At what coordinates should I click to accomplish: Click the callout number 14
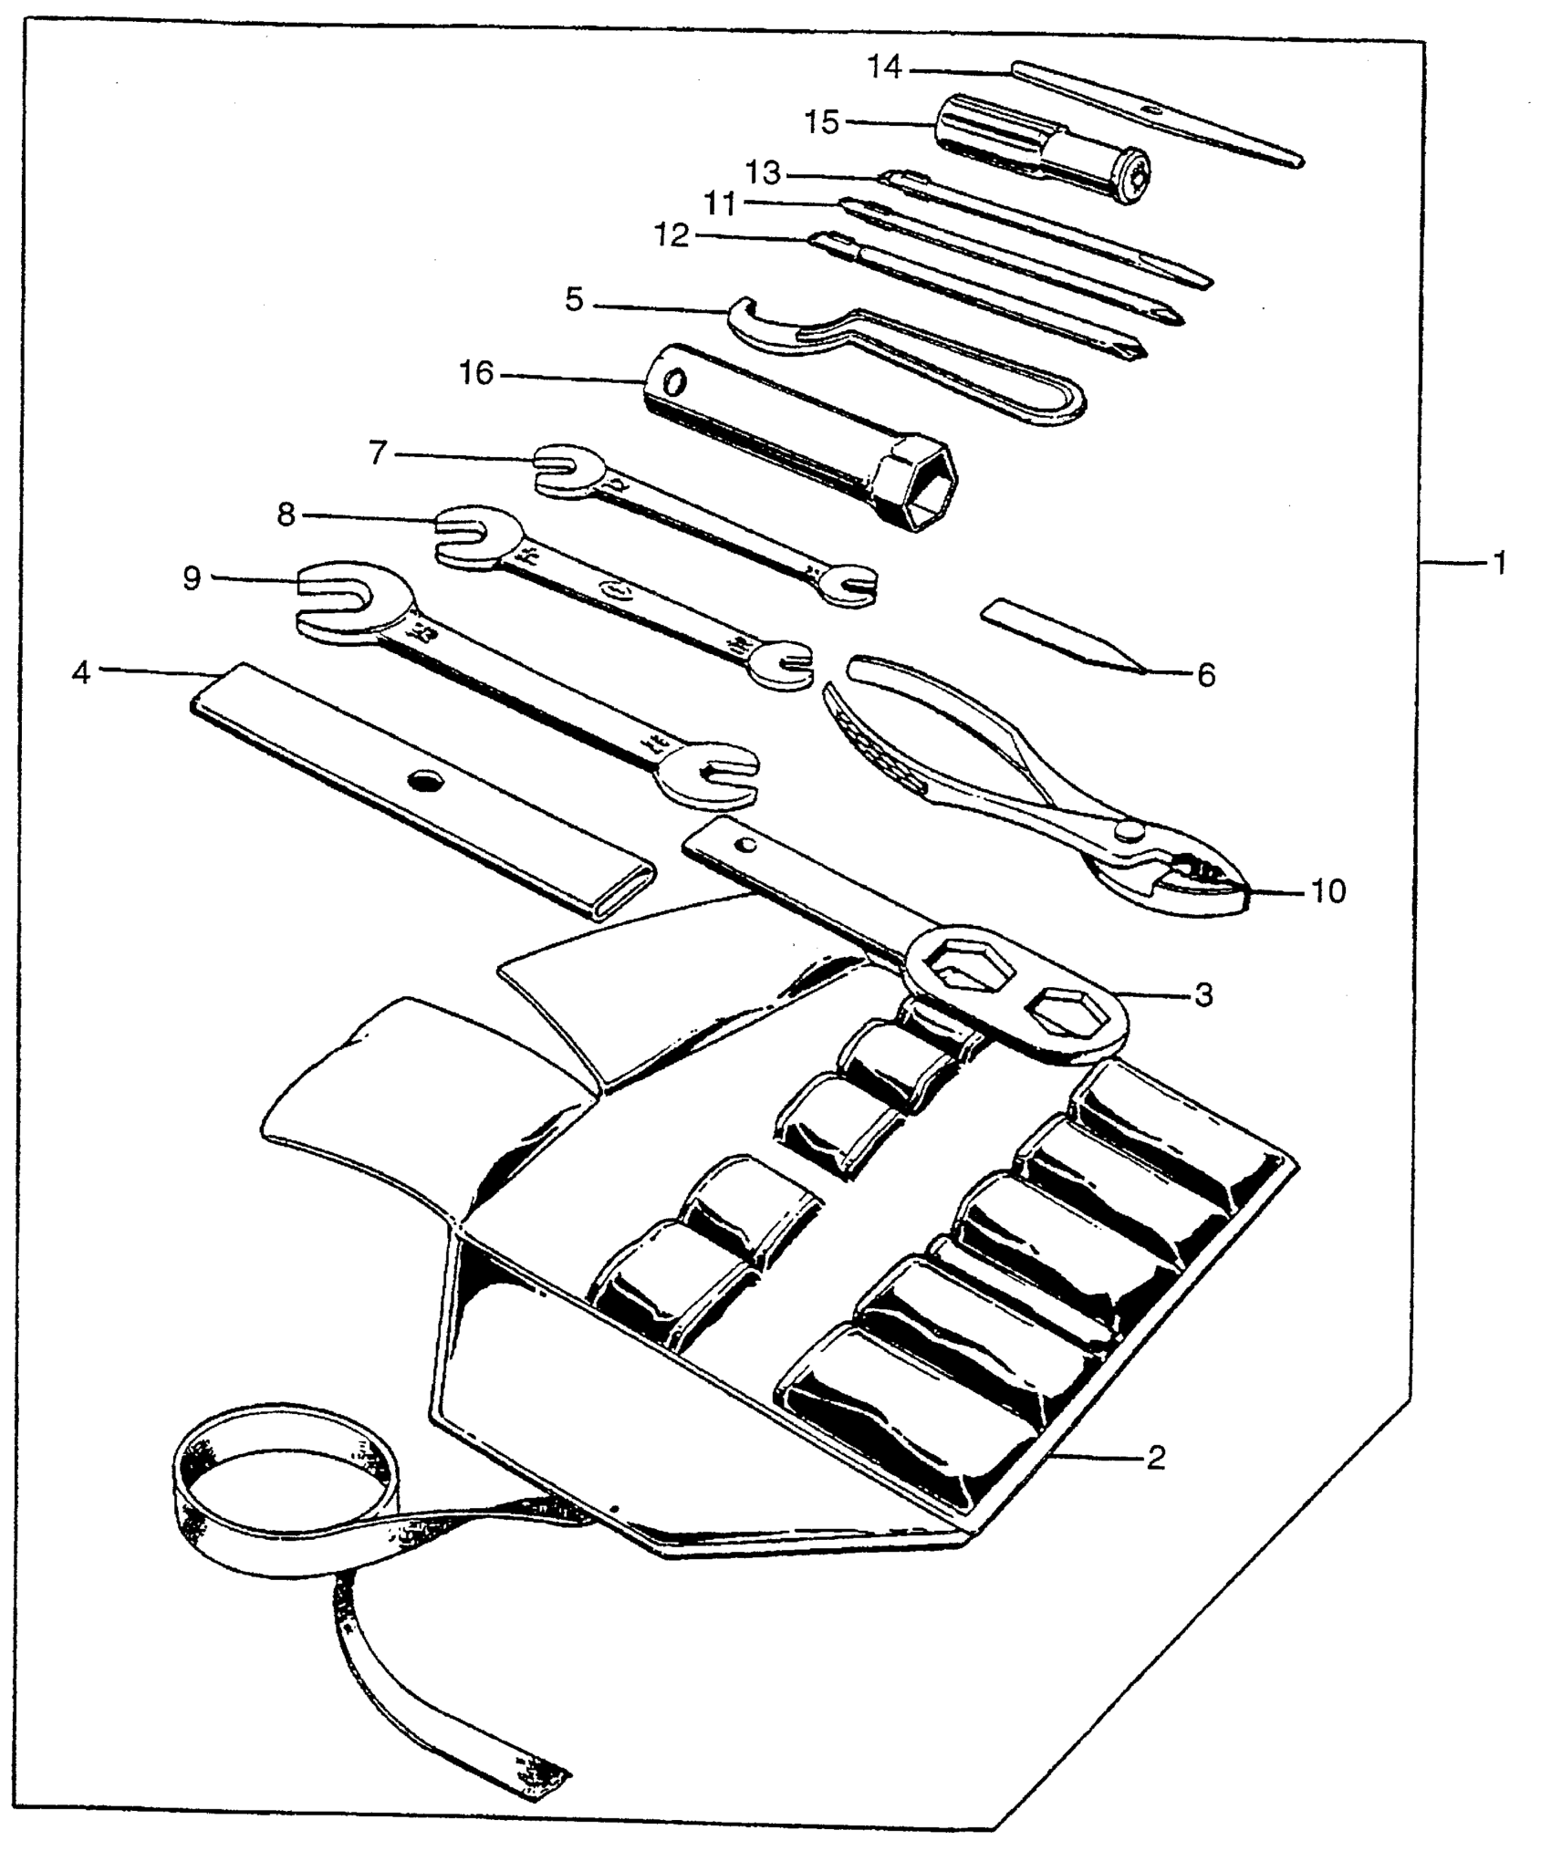point(884,67)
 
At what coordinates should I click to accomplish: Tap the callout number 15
point(822,121)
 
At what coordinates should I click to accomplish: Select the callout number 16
point(476,372)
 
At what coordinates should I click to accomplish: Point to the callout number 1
point(1497,563)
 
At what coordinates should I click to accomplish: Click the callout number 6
point(1205,675)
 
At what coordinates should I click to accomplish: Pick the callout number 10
point(1327,890)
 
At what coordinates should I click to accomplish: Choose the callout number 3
point(1203,995)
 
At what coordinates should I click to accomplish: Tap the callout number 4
point(82,673)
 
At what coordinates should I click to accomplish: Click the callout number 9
point(192,577)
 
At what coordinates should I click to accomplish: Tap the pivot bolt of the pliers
point(1129,828)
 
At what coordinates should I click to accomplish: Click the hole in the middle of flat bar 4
point(424,780)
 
